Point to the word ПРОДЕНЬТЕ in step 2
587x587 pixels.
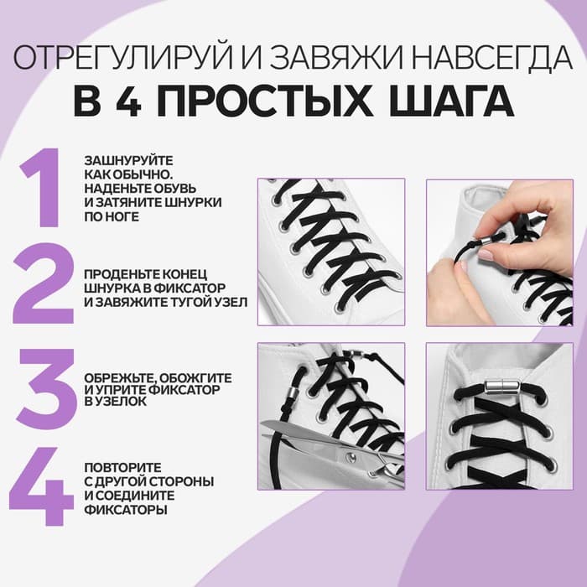coord(117,273)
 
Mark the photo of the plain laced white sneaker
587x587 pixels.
coord(330,252)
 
